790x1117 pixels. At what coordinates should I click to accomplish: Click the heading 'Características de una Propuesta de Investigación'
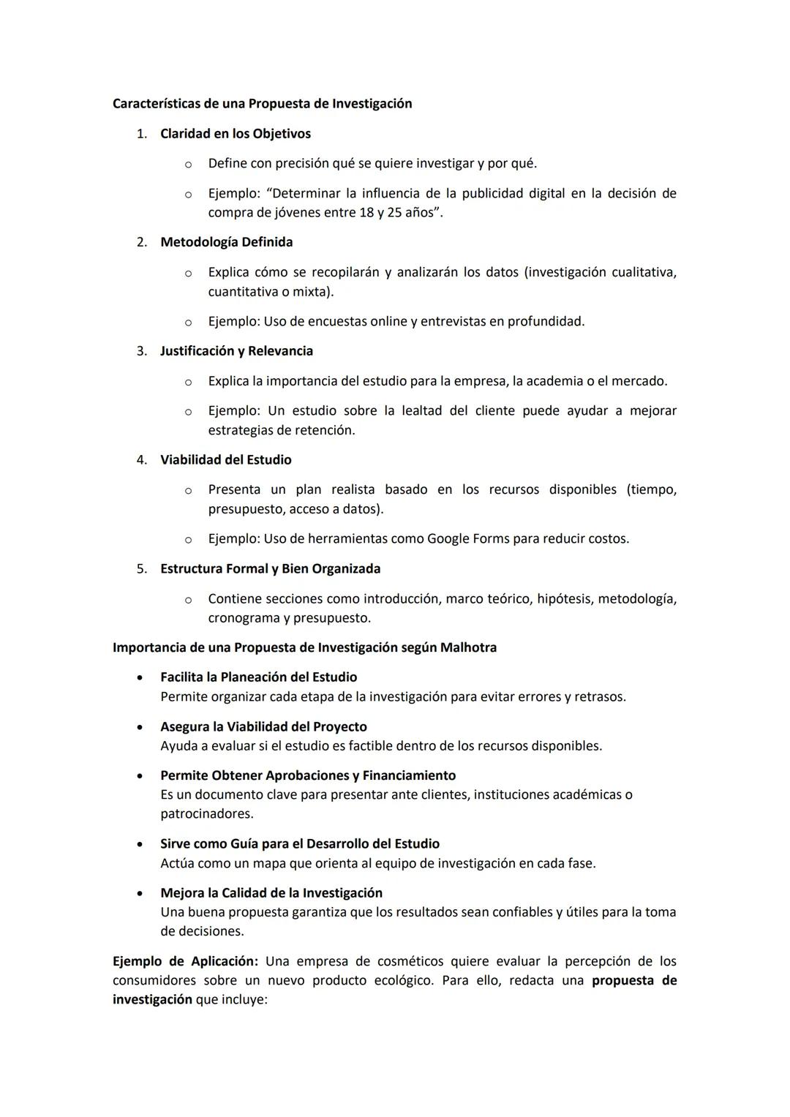point(262,104)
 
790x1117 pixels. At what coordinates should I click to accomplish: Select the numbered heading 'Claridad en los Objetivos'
point(235,134)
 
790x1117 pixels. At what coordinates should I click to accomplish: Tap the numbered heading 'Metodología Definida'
point(226,242)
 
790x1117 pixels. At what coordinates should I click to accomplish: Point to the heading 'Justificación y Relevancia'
point(236,351)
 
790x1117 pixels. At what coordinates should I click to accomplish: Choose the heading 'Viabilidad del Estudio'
point(225,460)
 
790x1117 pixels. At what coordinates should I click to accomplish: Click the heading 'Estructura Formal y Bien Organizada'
point(270,568)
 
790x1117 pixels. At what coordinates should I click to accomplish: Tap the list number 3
point(141,351)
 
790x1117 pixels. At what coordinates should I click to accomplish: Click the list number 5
point(141,568)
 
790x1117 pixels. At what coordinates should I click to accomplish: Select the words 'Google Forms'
point(468,539)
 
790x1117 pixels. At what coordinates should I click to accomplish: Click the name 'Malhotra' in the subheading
point(468,647)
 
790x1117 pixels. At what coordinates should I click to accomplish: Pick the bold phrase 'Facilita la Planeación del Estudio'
point(258,677)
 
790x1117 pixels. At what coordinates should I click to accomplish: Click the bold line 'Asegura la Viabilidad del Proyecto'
point(263,727)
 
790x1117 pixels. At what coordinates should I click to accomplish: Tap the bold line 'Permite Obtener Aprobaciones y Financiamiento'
point(307,775)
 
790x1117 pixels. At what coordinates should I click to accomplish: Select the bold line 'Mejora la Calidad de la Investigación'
point(271,893)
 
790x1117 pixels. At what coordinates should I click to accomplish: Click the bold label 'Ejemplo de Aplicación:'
point(185,961)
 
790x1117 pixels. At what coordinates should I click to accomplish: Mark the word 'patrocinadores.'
point(207,813)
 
